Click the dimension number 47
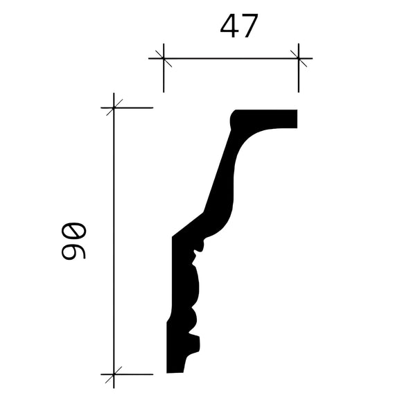pyautogui.click(x=239, y=26)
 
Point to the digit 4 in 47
pyautogui.click(x=229, y=26)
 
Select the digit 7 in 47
pyautogui.click(x=250, y=26)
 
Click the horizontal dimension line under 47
pyautogui.click(x=231, y=58)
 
